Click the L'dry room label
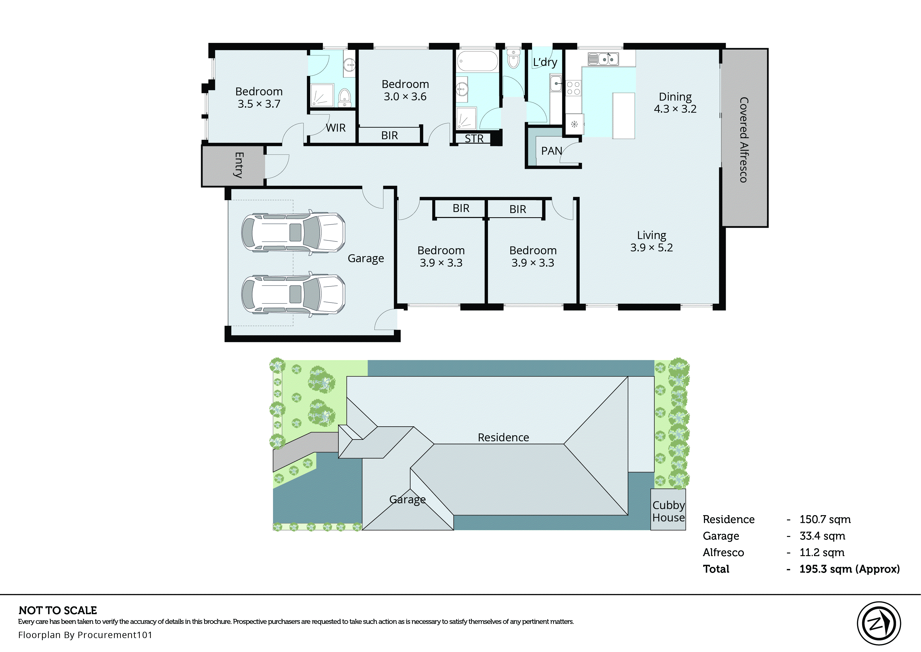click(x=545, y=62)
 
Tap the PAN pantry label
click(x=551, y=151)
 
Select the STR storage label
click(x=474, y=138)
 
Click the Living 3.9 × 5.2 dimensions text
click(x=651, y=247)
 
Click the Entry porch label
click(x=239, y=165)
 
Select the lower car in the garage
click(x=293, y=294)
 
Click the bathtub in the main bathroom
click(x=477, y=61)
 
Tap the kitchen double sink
click(x=603, y=59)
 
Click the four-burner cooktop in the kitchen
click(x=573, y=88)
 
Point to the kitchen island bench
click(x=624, y=116)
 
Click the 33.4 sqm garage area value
click(x=822, y=536)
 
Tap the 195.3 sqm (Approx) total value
click(x=849, y=569)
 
